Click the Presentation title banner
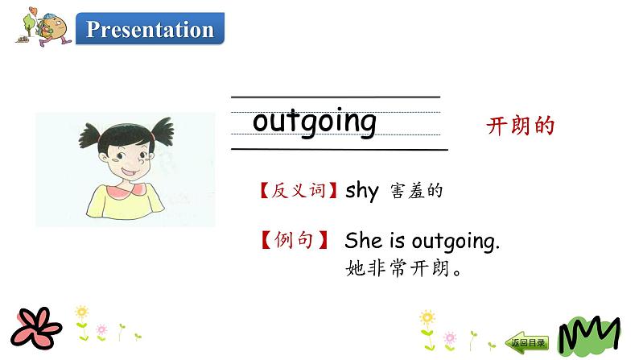(150, 30)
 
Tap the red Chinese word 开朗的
(521, 126)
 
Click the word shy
(361, 191)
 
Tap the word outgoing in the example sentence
(456, 241)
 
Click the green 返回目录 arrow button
(528, 342)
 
